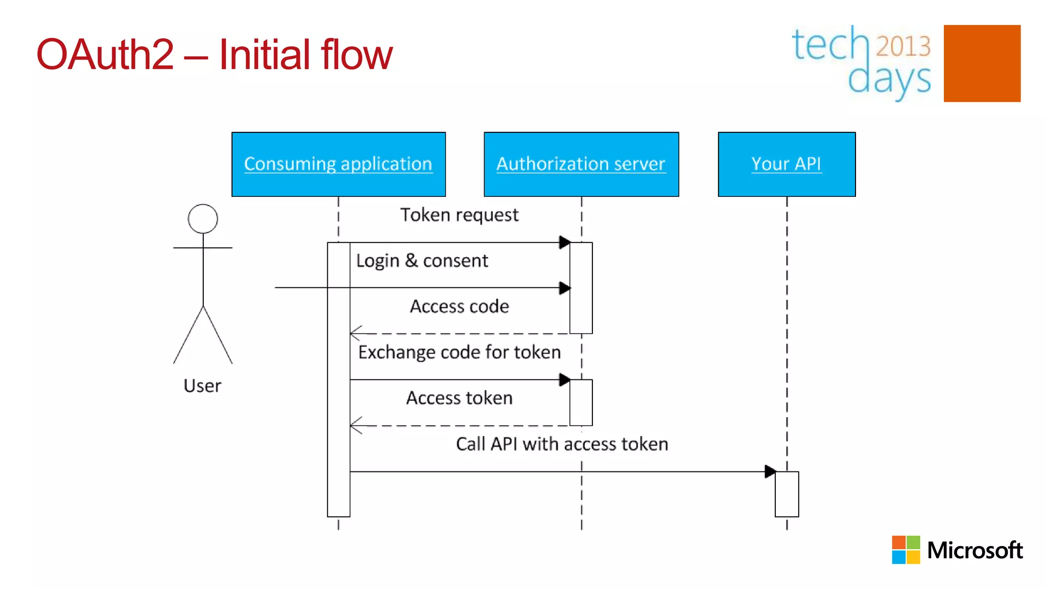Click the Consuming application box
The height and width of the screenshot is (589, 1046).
(x=338, y=164)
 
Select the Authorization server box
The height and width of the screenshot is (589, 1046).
(x=581, y=164)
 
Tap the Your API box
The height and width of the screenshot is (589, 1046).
(x=787, y=164)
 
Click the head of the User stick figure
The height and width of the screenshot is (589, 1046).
(x=203, y=219)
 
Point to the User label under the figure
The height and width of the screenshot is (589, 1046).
(x=202, y=386)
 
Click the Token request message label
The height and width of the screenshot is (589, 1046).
(x=459, y=215)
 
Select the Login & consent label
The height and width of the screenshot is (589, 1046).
(x=422, y=261)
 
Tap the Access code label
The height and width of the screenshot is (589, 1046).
(x=459, y=306)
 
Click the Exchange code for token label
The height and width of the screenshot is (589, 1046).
(x=459, y=352)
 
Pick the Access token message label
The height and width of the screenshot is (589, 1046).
(x=459, y=398)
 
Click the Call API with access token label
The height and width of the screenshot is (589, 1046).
(x=562, y=444)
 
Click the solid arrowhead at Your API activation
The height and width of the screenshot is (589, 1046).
(x=770, y=471)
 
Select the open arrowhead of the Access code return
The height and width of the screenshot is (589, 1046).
(x=355, y=333)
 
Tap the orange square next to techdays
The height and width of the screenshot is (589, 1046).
(x=982, y=63)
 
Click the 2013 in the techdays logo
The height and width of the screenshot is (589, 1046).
(x=903, y=47)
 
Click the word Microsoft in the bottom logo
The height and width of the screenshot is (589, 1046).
(x=974, y=550)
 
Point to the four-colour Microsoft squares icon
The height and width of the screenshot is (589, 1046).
(x=906, y=550)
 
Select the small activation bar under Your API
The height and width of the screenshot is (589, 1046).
(x=787, y=494)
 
